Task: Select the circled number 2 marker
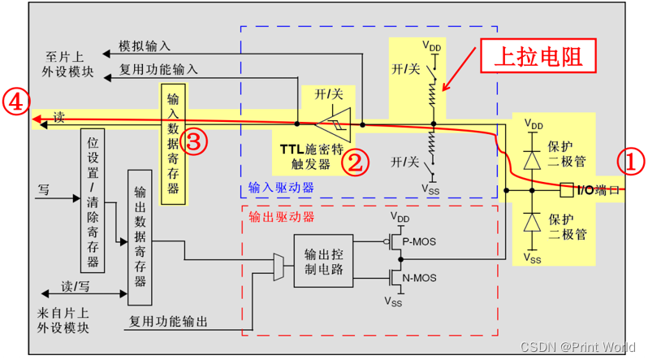tap(355, 161)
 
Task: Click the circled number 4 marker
tap(16, 102)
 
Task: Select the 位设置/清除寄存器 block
tap(93, 199)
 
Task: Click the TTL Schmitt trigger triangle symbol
tap(332, 124)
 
